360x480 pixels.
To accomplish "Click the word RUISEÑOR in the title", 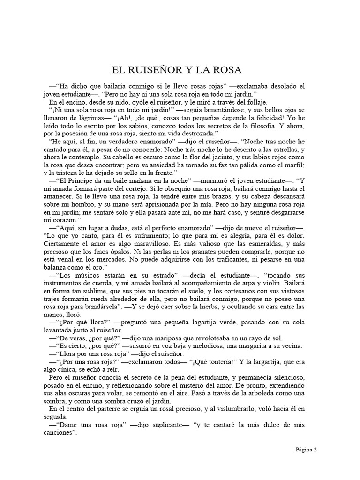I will [x=153, y=70].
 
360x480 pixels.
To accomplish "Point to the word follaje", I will [x=254, y=102].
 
